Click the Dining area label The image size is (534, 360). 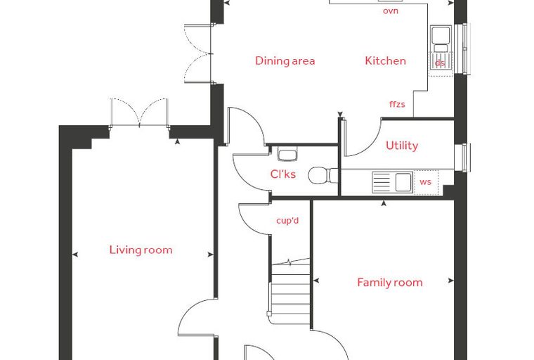coord(285,61)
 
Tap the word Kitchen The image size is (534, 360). coord(386,60)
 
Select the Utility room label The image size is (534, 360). coord(402,146)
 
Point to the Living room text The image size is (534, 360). coord(141,250)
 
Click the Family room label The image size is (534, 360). coord(390,282)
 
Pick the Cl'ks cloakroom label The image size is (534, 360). coord(283,174)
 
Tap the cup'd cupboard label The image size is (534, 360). coord(287,221)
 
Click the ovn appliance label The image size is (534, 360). coord(391,11)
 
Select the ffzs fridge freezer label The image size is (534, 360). coord(397,104)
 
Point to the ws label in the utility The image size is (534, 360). coord(425,182)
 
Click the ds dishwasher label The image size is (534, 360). coord(440,63)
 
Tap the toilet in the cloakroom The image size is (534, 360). coord(323,175)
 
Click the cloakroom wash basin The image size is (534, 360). coord(288,154)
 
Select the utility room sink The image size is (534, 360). coord(392,182)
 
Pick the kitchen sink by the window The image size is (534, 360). coord(441,48)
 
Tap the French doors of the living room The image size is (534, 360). coord(140,112)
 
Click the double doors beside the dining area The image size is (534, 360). coord(198,53)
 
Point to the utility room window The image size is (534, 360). coord(462,157)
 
